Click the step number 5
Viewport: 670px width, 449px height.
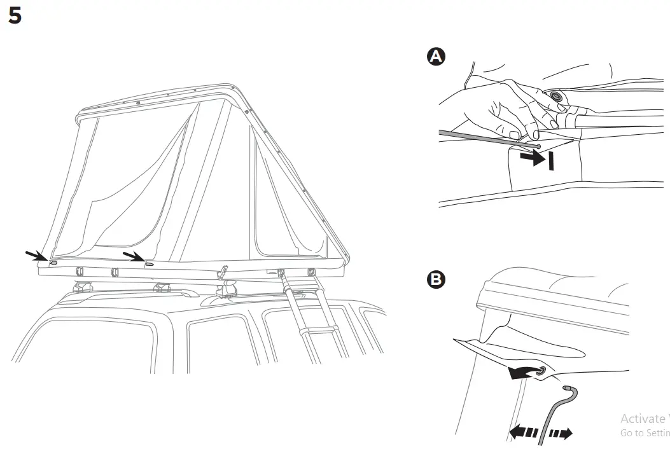[15, 17]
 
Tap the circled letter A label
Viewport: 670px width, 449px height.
[436, 57]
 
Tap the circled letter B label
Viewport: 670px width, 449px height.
[436, 279]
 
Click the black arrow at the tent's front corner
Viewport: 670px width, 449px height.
[36, 256]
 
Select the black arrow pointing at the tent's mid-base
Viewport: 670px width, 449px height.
[133, 256]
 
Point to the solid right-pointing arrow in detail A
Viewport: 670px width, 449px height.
[533, 159]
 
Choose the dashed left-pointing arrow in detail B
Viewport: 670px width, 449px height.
[522, 433]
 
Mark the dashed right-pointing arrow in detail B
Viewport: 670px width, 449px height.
[561, 434]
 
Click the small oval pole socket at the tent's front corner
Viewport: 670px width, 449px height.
[53, 262]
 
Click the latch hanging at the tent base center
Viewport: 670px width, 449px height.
[223, 272]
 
